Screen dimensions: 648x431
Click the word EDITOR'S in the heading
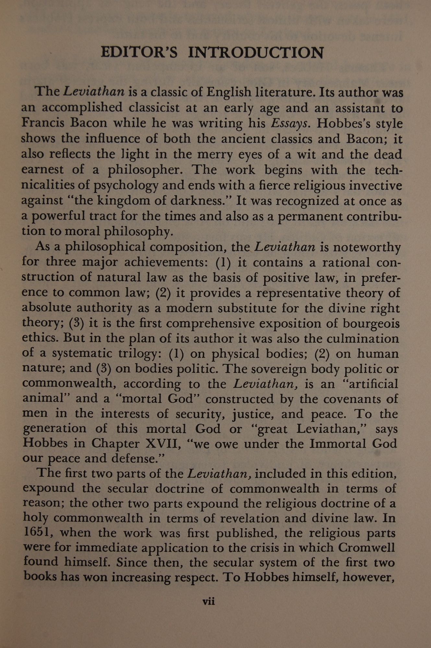[x=139, y=52]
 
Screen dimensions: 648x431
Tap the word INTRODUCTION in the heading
[x=256, y=52]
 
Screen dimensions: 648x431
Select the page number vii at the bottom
[x=209, y=602]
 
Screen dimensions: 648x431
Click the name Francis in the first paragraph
[x=43, y=123]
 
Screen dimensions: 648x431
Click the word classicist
[x=152, y=108]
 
